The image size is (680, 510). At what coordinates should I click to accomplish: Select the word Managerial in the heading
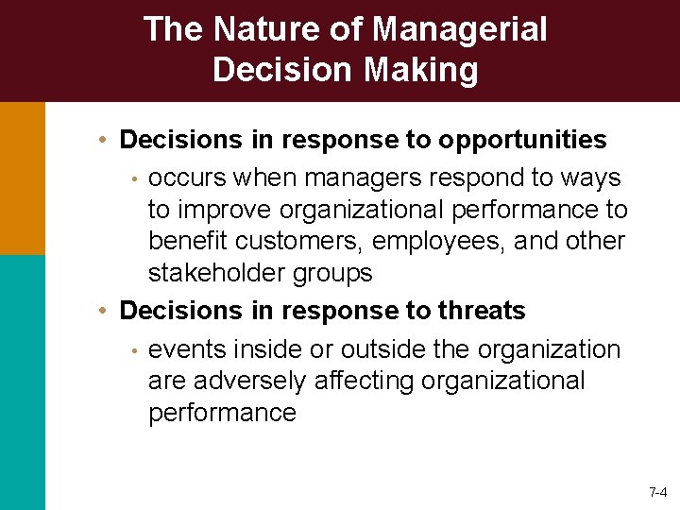pyautogui.click(x=460, y=29)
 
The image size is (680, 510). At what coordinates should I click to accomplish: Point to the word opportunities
pyautogui.click(x=521, y=140)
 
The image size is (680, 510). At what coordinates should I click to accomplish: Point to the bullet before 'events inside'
pyautogui.click(x=135, y=351)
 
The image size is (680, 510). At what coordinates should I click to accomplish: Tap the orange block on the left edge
pyautogui.click(x=22, y=178)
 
